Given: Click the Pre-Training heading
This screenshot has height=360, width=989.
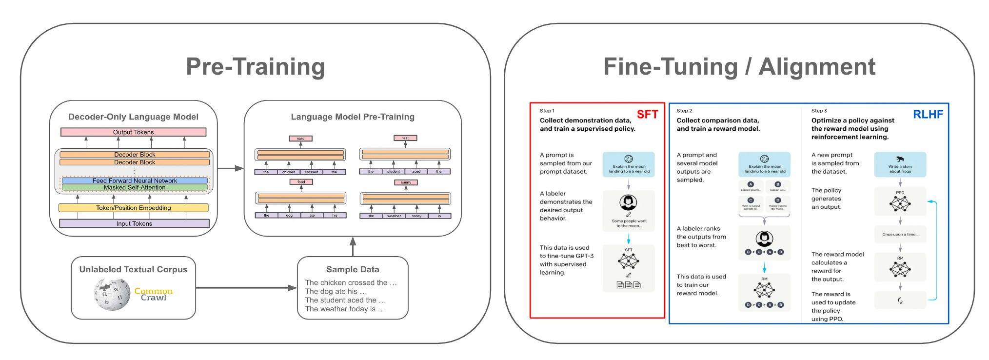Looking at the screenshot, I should [x=255, y=67].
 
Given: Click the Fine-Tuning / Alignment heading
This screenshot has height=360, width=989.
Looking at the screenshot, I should [x=739, y=67].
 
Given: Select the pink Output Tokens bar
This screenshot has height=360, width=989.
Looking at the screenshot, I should [x=133, y=132].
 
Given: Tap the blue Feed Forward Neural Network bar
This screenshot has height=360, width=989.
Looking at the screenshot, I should [x=135, y=180].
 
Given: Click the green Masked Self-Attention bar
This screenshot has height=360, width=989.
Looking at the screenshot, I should [x=135, y=187].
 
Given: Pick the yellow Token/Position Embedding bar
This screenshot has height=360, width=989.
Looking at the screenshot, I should [x=133, y=208].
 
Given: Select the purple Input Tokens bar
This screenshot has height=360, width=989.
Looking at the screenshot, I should [x=134, y=223].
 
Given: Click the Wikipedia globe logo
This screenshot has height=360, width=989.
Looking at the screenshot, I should [x=112, y=295].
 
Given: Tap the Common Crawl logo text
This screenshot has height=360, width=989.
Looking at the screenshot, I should [x=153, y=294].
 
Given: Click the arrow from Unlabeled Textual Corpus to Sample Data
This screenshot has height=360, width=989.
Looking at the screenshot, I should [x=246, y=288].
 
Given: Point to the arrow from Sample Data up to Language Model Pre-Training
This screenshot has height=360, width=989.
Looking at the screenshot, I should [x=353, y=246].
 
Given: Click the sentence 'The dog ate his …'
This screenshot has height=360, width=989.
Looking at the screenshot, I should [x=336, y=291].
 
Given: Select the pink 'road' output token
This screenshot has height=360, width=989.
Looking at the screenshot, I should [x=300, y=139].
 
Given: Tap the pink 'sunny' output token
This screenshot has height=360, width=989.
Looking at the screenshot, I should [x=406, y=182].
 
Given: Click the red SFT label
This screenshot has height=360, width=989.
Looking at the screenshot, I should [x=647, y=115].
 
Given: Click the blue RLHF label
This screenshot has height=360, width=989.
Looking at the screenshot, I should [x=928, y=115].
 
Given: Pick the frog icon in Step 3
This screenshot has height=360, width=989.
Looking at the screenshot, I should [x=900, y=159].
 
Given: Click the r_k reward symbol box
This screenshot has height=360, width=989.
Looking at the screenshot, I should [x=900, y=300].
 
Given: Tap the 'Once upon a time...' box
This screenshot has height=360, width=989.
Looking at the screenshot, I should [x=900, y=235].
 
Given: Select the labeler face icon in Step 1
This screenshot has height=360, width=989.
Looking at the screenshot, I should [x=628, y=202].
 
